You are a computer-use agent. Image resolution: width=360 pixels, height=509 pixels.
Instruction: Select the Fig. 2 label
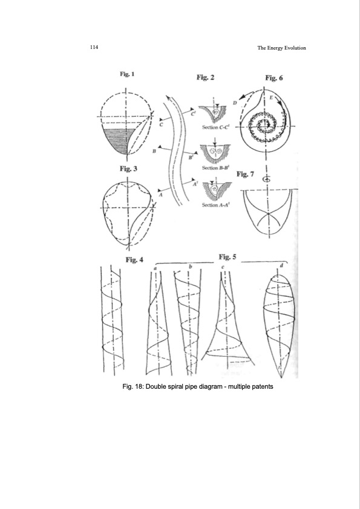point(205,77)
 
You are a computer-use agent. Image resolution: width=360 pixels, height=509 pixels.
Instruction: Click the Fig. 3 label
point(128,169)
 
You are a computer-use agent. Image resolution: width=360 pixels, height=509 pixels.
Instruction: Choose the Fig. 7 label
point(245,175)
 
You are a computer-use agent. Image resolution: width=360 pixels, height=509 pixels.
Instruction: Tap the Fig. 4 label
point(134,259)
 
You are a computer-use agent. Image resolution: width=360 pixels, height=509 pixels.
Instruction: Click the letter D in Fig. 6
point(234,104)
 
